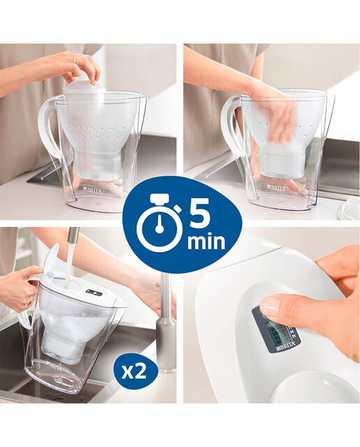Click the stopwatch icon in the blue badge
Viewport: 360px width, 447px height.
click(x=158, y=223)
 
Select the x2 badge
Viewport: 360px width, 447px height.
click(x=134, y=372)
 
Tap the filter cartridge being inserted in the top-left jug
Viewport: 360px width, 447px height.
click(x=82, y=85)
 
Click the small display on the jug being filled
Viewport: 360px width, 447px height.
click(x=94, y=292)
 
